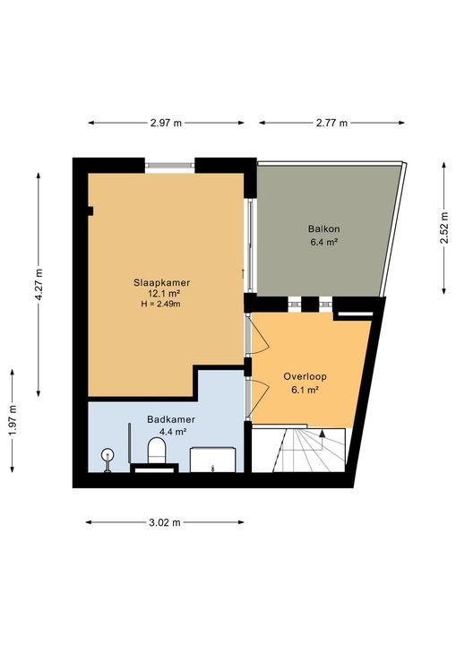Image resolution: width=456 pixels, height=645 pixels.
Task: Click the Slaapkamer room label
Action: click(x=164, y=282)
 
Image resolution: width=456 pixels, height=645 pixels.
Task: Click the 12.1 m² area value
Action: click(x=164, y=293)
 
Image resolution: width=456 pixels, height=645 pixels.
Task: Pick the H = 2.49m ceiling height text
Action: click(x=164, y=304)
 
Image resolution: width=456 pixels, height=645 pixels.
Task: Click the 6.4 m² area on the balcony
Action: click(x=324, y=242)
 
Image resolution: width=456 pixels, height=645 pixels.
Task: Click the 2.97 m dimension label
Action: click(x=166, y=123)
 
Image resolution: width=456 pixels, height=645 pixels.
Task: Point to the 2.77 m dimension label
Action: click(x=331, y=123)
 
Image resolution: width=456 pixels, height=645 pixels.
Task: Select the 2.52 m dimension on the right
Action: click(x=443, y=228)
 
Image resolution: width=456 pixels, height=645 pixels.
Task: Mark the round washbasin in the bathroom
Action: click(x=108, y=453)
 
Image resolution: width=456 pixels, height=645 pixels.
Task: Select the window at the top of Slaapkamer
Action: click(x=169, y=165)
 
